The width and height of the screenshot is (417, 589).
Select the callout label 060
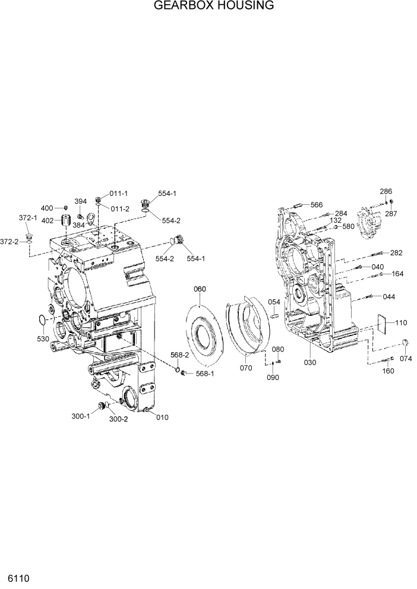(200, 289)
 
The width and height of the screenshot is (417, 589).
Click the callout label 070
(245, 368)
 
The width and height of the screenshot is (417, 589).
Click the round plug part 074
(406, 341)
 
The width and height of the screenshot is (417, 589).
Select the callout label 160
(387, 371)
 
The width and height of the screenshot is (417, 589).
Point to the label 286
(386, 191)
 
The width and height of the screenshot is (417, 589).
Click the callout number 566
(317, 205)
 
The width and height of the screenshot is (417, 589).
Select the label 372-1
(27, 218)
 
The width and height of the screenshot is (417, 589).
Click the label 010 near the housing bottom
(162, 417)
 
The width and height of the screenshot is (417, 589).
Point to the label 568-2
(179, 355)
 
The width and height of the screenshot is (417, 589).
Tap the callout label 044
(388, 296)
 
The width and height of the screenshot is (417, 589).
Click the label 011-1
(119, 194)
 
